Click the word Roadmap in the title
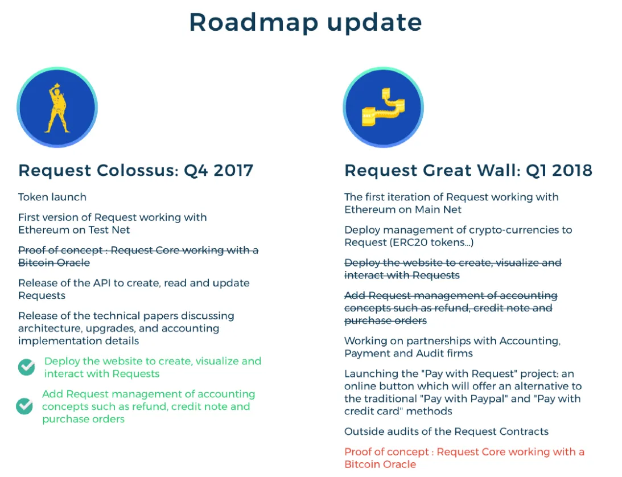click(x=253, y=22)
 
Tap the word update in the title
click(x=374, y=23)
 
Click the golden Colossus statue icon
click(x=57, y=108)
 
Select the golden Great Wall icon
click(x=383, y=108)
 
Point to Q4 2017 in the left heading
click(x=218, y=171)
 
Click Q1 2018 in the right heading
click(x=559, y=171)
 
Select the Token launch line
click(x=52, y=197)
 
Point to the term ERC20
click(x=409, y=242)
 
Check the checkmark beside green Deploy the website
click(x=27, y=367)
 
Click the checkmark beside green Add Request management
click(x=24, y=406)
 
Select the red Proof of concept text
click(x=464, y=458)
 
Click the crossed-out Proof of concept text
click(x=138, y=256)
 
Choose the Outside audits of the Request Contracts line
click(x=446, y=432)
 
